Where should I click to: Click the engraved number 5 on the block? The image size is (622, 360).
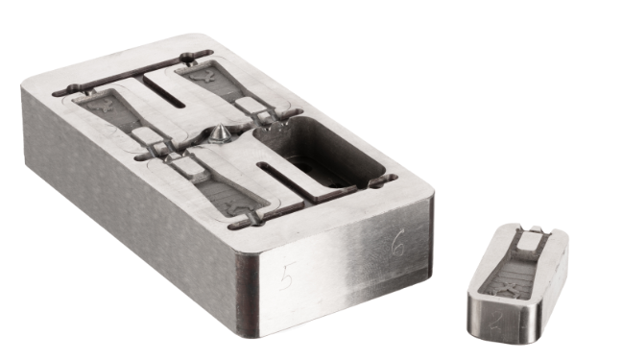pos(285,278)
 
